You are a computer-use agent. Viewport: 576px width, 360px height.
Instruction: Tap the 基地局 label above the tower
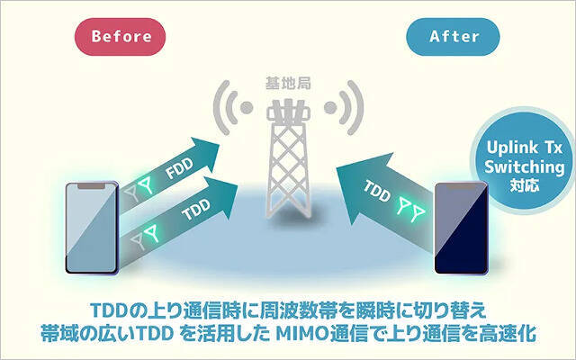[287, 83]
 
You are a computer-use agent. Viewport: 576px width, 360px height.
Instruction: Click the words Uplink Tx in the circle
[523, 147]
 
